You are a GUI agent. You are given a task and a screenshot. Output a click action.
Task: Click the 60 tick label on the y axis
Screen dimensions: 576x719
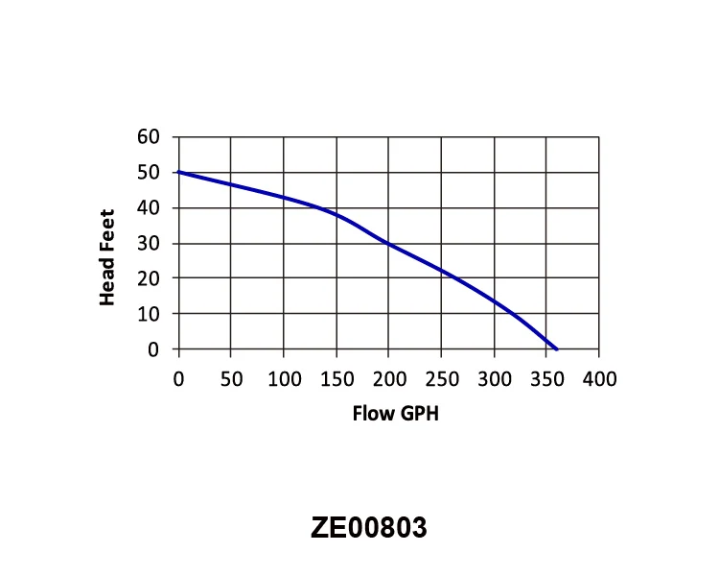(148, 137)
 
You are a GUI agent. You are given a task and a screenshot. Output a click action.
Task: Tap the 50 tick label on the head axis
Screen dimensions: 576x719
(148, 173)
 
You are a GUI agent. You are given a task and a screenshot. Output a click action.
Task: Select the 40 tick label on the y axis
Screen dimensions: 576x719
(148, 208)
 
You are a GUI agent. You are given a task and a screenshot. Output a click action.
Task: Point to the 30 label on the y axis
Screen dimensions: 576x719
(148, 244)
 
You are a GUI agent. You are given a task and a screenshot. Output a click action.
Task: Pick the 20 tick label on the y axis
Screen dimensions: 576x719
(148, 279)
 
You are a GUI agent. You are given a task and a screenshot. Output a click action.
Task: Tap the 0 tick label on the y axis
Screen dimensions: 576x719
(153, 350)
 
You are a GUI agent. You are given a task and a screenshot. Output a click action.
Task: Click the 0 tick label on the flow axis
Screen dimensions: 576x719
(178, 378)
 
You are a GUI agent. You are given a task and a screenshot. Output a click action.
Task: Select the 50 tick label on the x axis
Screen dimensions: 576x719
(231, 378)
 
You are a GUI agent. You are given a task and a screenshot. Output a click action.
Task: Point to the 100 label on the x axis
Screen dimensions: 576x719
(284, 378)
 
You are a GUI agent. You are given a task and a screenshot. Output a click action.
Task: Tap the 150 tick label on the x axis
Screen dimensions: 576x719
(336, 378)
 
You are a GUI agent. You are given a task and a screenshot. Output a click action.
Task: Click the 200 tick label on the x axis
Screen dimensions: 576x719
(389, 378)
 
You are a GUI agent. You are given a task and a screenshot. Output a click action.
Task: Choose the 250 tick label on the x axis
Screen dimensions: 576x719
(442, 378)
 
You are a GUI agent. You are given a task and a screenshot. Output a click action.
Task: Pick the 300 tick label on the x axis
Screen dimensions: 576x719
(495, 378)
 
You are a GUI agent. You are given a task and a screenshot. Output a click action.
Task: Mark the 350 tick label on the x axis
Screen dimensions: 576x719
(547, 378)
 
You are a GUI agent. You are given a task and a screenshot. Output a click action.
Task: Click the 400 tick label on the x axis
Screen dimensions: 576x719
(600, 378)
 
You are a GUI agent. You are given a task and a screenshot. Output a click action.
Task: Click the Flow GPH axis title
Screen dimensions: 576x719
(388, 415)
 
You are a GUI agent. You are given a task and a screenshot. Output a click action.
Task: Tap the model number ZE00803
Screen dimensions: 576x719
(368, 528)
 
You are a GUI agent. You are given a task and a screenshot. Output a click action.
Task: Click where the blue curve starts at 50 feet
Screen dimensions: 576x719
(179, 172)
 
